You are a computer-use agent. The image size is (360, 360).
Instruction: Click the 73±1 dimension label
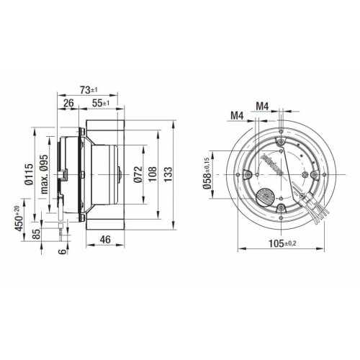pos(89,90)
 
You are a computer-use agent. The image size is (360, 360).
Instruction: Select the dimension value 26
pos(68,103)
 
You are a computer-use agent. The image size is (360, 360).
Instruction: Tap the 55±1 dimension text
pos(101,103)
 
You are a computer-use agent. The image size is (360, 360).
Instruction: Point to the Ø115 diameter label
pos(29,174)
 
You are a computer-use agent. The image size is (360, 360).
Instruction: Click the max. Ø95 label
pos(44,174)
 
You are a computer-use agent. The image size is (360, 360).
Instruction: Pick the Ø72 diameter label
pos(138,174)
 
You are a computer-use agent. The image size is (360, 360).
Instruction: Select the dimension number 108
pos(153,174)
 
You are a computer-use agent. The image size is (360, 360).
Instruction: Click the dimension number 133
pos(168,174)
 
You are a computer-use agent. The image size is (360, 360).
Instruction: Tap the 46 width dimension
pos(105,240)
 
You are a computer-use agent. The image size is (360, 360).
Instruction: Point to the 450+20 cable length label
pos(19,218)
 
